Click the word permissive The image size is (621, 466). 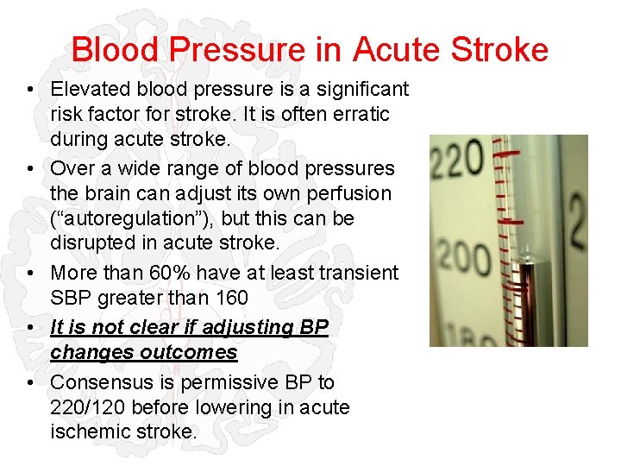(229, 381)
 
